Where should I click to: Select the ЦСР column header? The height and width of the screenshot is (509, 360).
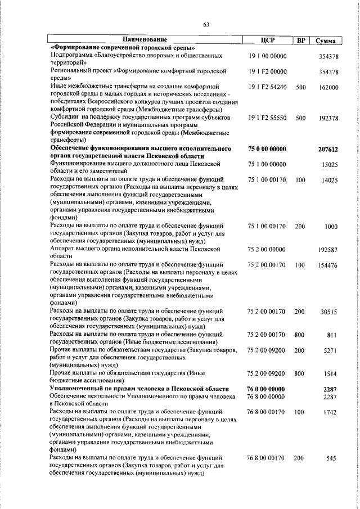pos(267,40)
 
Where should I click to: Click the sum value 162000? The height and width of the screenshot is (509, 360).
pos(328,88)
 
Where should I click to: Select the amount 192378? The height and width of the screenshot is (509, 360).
pos(328,119)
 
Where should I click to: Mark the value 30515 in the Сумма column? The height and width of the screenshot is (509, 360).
pos(329,311)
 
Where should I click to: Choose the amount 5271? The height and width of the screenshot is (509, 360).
pos(330,350)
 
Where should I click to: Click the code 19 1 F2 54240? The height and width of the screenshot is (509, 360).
pos(267,88)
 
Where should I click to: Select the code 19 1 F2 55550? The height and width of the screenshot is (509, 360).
pos(267,119)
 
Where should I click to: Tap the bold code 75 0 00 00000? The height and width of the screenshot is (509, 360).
pos(267,149)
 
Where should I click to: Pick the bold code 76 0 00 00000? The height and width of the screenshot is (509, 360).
pos(267,389)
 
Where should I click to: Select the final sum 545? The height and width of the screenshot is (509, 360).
pos(331,459)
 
